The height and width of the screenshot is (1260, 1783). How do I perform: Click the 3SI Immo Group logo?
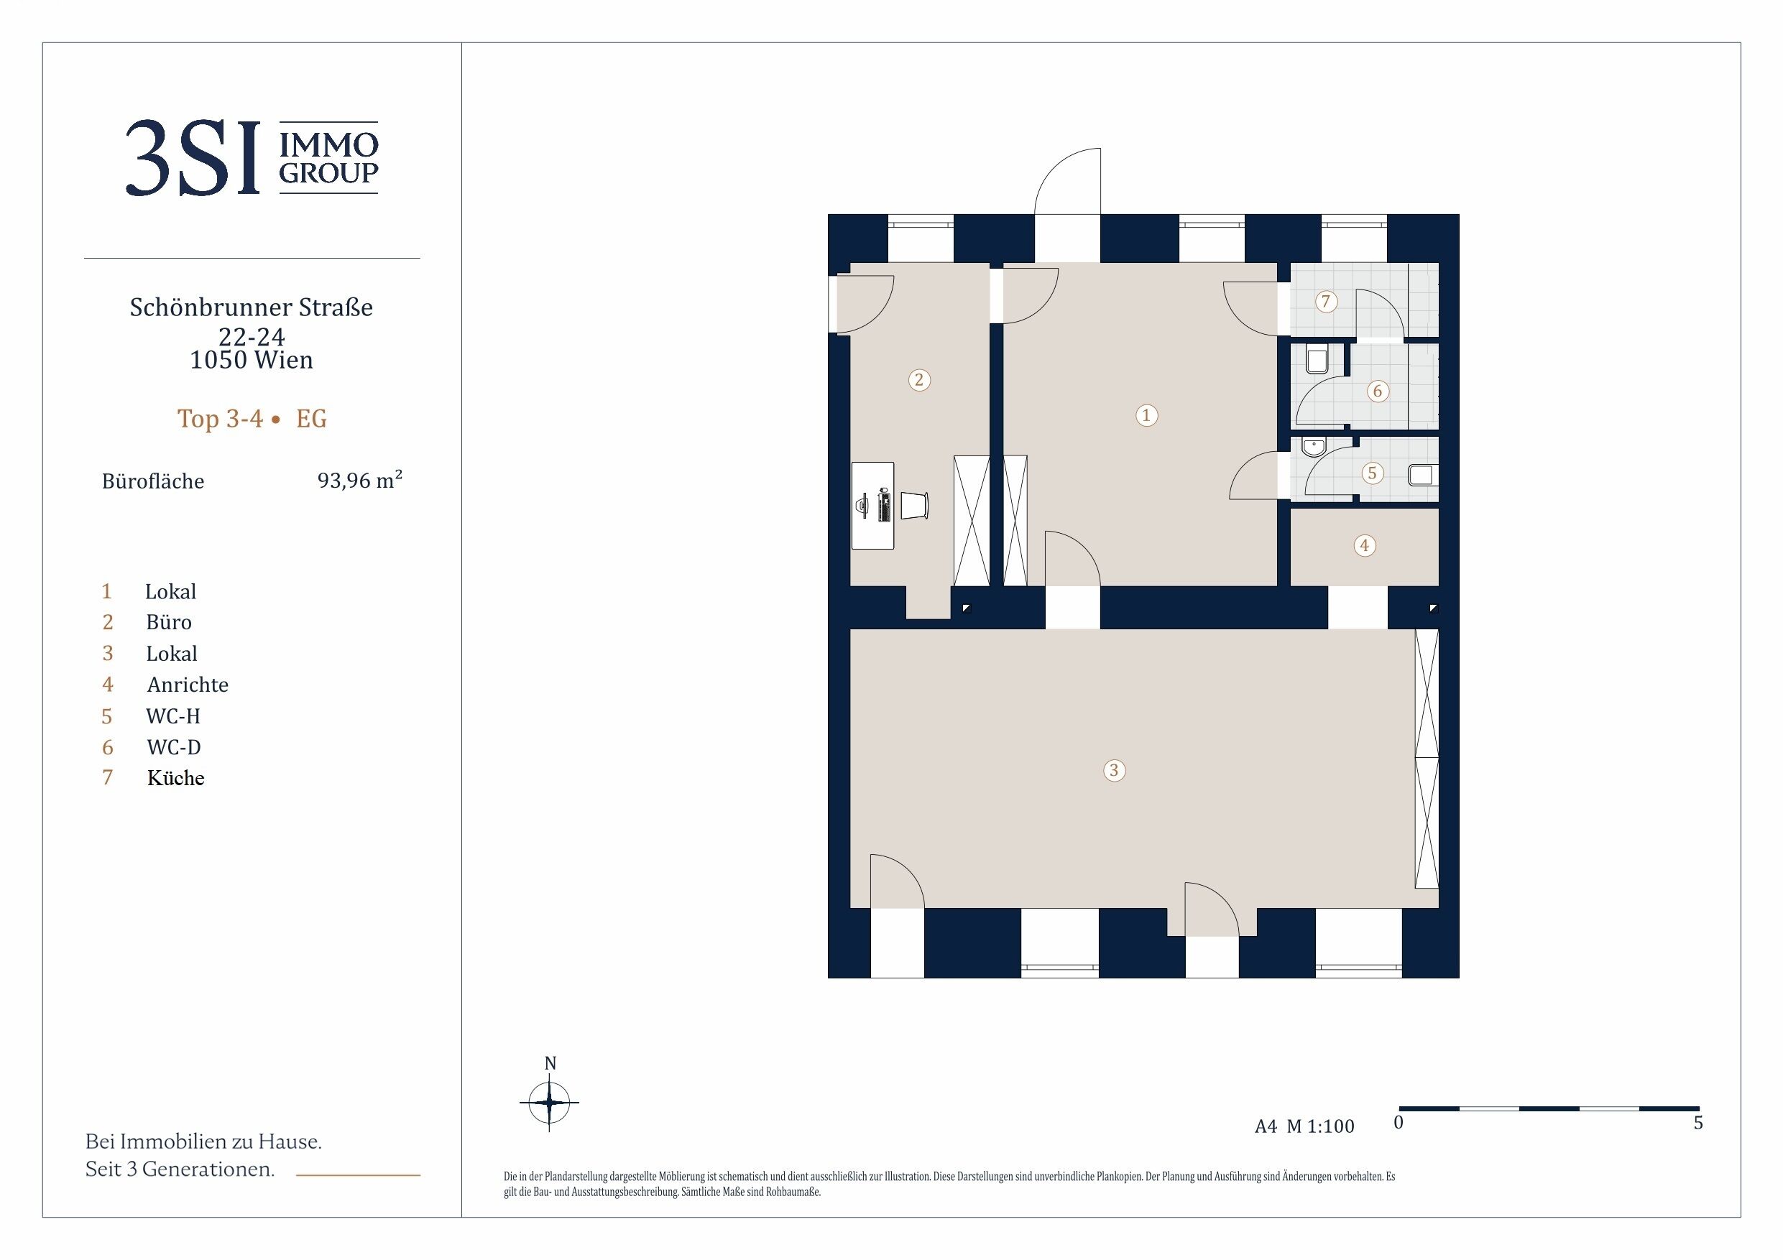point(252,157)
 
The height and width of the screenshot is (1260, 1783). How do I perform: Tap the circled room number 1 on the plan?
point(1146,415)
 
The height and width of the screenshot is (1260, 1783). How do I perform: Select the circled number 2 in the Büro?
point(919,379)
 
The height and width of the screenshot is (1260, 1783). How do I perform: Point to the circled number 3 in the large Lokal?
point(1115,770)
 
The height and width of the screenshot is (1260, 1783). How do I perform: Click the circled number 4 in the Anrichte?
point(1365,545)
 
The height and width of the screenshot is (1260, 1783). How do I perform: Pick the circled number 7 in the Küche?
point(1326,301)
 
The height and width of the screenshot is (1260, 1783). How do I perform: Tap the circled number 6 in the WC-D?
point(1378,391)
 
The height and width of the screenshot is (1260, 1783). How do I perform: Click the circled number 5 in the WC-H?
point(1372,473)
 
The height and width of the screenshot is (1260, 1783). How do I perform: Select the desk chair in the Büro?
point(915,506)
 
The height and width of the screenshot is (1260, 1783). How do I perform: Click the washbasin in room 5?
point(1313,447)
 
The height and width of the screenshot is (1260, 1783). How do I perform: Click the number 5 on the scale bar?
point(1698,1123)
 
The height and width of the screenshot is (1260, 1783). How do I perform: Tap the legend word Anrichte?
point(188,685)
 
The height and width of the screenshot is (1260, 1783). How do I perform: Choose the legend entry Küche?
point(176,778)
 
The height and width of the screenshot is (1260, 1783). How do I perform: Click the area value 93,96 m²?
point(359,480)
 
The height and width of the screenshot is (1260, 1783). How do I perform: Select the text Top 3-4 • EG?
point(252,419)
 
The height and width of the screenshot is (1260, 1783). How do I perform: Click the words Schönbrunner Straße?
point(252,307)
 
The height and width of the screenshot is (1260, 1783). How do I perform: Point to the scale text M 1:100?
point(1320,1126)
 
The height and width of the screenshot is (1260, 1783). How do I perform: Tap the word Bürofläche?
point(153,481)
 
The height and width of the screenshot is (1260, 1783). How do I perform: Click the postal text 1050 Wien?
point(252,360)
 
